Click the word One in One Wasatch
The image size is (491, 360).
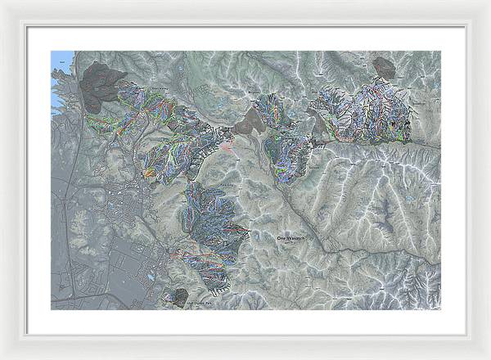pyautogui.click(x=283, y=236)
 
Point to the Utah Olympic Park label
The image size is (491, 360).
pyautogui.click(x=201, y=303)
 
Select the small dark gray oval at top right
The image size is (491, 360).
pyautogui.click(x=383, y=67)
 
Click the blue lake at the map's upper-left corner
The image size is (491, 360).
pyautogui.click(x=60, y=69)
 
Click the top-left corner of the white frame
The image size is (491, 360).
pyautogui.click(x=3, y=3)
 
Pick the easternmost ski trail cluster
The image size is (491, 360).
pyautogui.click(x=368, y=115)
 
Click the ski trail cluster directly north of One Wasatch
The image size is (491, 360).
pyautogui.click(x=282, y=139)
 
